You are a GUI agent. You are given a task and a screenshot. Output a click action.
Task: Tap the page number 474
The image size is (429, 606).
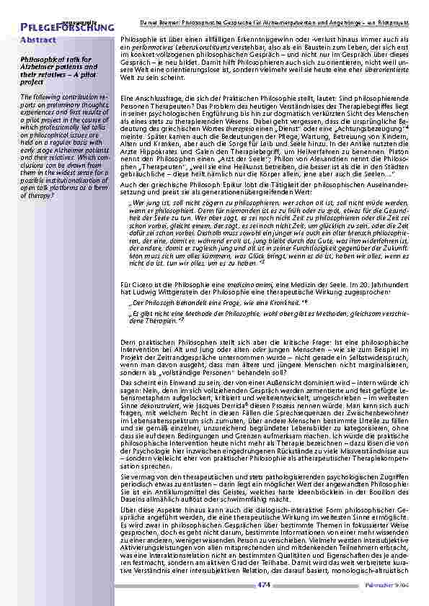pyautogui.click(x=263, y=585)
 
